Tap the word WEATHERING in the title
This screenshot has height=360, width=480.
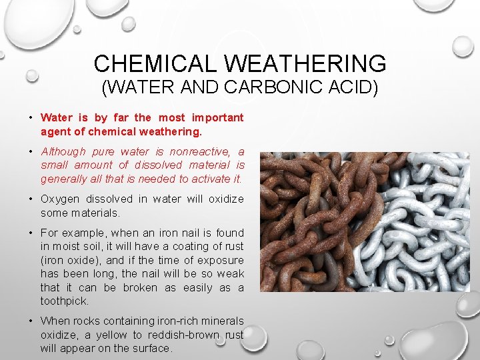coord(306,63)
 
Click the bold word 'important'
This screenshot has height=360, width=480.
coord(217,117)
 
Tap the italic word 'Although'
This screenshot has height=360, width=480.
coord(63,151)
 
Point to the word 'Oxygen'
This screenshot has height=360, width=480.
coord(59,199)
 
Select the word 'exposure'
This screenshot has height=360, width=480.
coord(222,260)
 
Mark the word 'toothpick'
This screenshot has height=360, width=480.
coord(63,301)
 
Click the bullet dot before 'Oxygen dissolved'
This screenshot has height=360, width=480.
coord(31,199)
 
